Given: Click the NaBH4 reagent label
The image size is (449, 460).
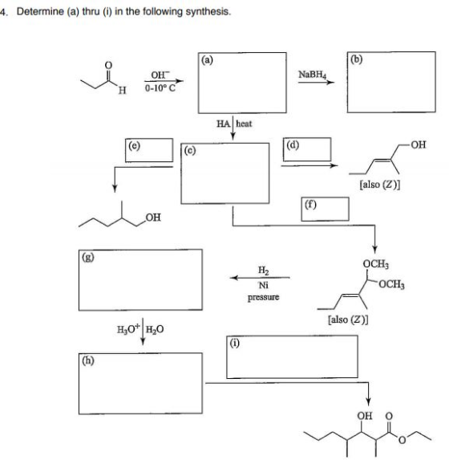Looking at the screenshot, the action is click(x=312, y=75).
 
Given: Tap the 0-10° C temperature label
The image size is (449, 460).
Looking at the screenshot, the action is click(x=160, y=88).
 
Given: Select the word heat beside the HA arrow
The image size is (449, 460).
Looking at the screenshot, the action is click(x=244, y=124).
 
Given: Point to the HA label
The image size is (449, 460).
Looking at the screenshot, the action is click(x=224, y=124).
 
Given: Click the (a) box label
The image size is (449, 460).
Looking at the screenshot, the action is click(x=207, y=60).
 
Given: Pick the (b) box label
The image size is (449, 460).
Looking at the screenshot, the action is click(x=356, y=59).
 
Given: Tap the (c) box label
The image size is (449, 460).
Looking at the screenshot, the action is click(x=190, y=150).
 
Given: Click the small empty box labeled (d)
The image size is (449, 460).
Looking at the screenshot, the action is click(x=307, y=149).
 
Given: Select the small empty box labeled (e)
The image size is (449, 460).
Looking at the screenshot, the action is click(x=149, y=150).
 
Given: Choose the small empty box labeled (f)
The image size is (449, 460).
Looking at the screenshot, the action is click(x=325, y=210).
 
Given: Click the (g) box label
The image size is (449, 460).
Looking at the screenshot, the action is click(x=88, y=257).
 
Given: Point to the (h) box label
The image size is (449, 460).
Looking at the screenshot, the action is click(x=88, y=360).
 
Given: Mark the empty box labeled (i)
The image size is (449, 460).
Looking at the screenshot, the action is click(x=292, y=356).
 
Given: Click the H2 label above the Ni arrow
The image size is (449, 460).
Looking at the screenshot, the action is click(x=263, y=271).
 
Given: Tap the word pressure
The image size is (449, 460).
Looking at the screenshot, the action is click(x=263, y=297).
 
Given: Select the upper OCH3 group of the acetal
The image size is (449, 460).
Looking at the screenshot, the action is click(x=376, y=264).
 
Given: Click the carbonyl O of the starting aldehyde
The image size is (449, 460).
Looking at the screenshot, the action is click(x=108, y=64).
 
